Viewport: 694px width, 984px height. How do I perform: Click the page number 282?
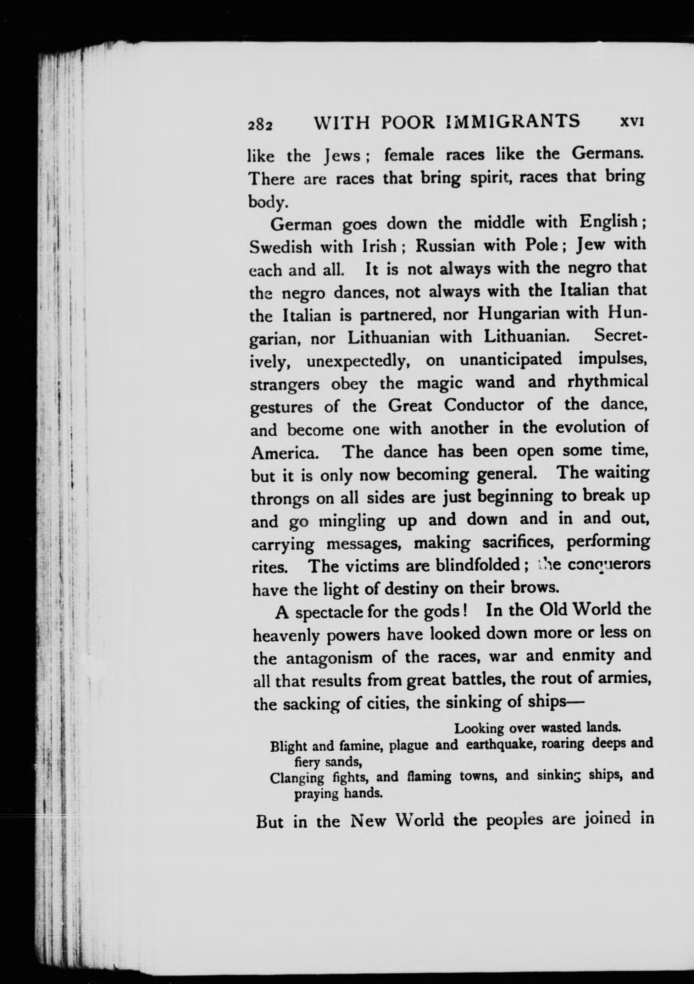[x=260, y=124]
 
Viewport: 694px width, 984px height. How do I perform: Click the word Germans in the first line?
[x=608, y=154]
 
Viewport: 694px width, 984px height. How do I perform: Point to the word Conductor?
[x=484, y=405]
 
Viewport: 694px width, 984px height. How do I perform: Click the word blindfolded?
[x=478, y=565]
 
